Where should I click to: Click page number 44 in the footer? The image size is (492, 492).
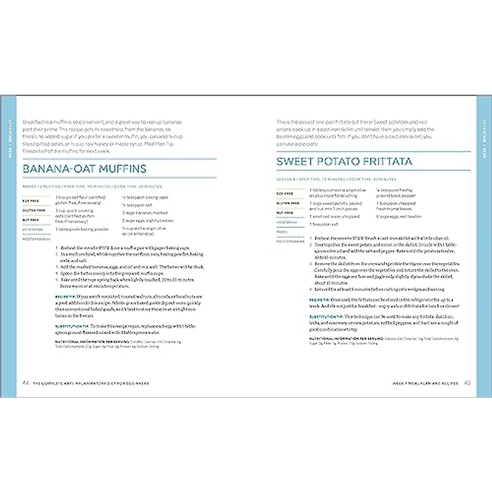tap(25, 383)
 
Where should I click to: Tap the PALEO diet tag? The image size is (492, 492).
tap(282, 232)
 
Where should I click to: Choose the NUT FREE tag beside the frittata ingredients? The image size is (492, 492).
tap(285, 213)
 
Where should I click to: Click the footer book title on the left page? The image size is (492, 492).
tap(91, 383)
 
